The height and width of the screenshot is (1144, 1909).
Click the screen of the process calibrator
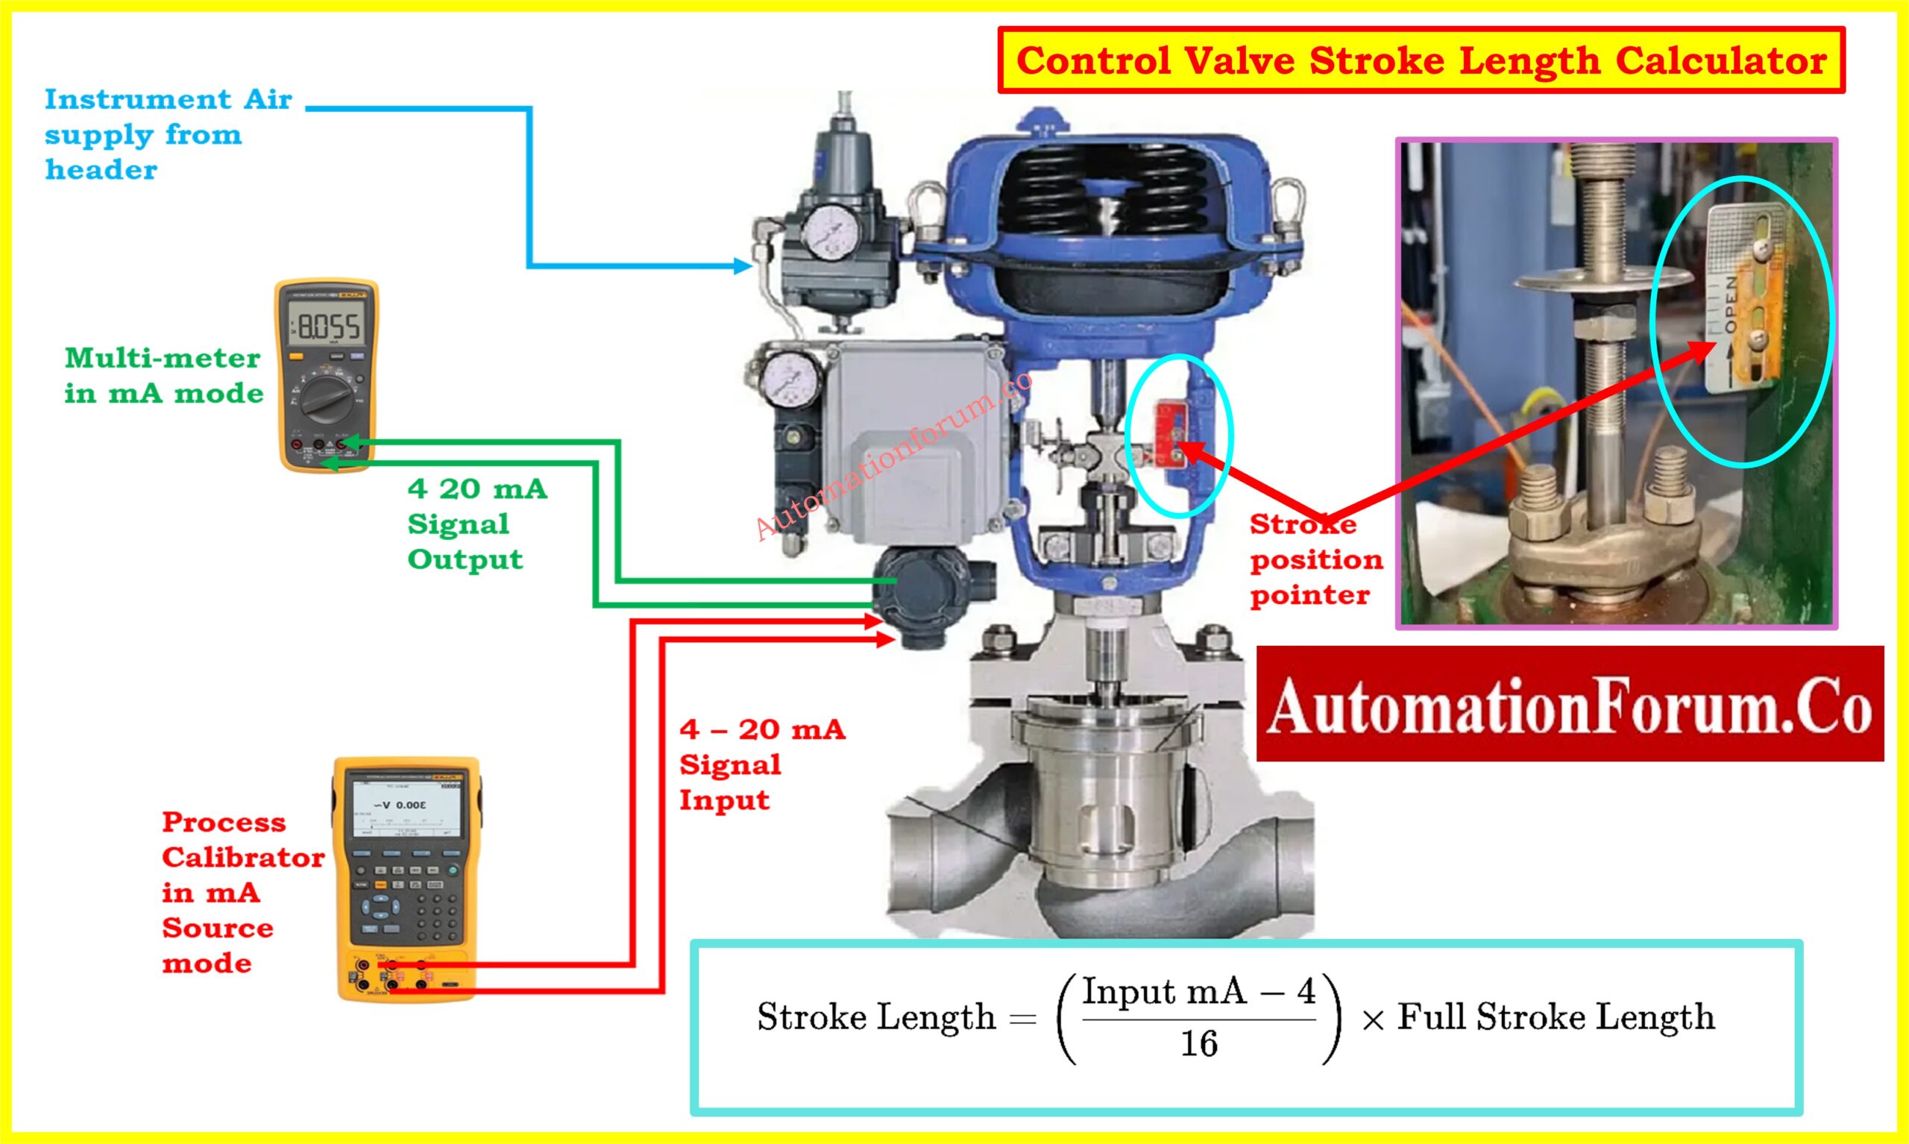point(406,806)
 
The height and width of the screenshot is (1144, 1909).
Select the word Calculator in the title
point(1720,61)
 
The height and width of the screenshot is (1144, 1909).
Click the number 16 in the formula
point(1198,1045)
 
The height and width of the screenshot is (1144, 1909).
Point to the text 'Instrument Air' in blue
point(168,100)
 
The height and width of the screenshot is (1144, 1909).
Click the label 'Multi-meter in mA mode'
point(163,375)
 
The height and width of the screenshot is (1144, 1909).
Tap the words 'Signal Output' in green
point(465,541)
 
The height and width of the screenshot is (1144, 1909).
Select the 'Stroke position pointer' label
point(1315,559)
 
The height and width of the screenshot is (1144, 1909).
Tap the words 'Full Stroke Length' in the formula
point(1556,1016)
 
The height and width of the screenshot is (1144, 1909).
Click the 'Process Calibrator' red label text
point(243,840)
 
